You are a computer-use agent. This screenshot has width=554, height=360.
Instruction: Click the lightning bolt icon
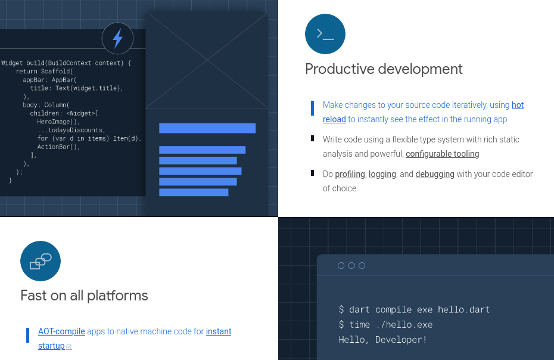[x=117, y=38]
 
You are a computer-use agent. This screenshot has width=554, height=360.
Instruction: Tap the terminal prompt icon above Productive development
[x=325, y=34]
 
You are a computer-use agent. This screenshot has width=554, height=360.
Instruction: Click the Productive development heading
[x=384, y=69]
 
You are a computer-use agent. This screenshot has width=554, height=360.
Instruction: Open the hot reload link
[x=517, y=105]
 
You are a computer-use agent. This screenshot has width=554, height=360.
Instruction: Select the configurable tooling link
[x=442, y=154]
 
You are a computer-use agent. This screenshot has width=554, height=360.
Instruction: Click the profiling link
[x=350, y=175]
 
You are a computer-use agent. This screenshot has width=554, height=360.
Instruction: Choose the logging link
[x=382, y=175]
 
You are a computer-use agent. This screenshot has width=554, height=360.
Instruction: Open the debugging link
[x=435, y=175]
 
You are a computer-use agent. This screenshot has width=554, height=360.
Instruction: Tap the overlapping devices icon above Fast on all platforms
[x=41, y=261]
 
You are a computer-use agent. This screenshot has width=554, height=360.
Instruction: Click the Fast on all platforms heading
[x=84, y=296]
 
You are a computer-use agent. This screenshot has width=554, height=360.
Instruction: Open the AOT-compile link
[x=61, y=332]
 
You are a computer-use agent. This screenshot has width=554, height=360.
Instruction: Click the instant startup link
[x=219, y=332]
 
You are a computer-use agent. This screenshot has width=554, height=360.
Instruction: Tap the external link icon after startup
[x=69, y=347]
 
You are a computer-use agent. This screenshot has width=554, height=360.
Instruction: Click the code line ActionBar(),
[x=58, y=147]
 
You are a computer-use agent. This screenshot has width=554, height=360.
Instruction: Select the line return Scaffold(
[x=44, y=72]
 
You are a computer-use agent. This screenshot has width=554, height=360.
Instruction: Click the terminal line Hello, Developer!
[x=382, y=340]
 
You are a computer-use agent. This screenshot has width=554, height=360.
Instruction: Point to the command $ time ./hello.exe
[x=385, y=325]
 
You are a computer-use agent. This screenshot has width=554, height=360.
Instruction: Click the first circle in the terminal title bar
[x=341, y=266]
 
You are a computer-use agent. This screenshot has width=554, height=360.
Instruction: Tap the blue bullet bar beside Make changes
[x=312, y=108]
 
